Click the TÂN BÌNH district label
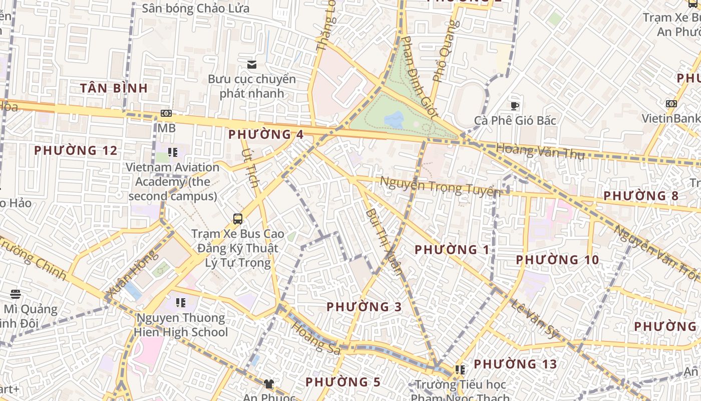point(114,88)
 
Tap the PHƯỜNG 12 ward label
point(76,150)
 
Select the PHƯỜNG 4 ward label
point(265,134)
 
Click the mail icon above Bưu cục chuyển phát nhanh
point(251,64)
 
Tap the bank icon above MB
point(166,114)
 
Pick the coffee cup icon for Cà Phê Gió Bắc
point(514,106)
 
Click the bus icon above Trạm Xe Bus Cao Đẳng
point(238,219)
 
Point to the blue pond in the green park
point(394,119)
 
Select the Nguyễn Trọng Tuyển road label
point(440,186)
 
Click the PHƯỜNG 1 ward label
point(452,249)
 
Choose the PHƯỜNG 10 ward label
point(557,260)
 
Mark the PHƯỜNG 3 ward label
point(364,307)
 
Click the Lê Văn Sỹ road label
point(535,319)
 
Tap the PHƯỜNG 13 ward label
point(515,364)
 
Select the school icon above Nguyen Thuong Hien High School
point(181,303)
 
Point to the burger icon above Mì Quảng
point(16,294)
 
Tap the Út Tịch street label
point(250,168)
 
